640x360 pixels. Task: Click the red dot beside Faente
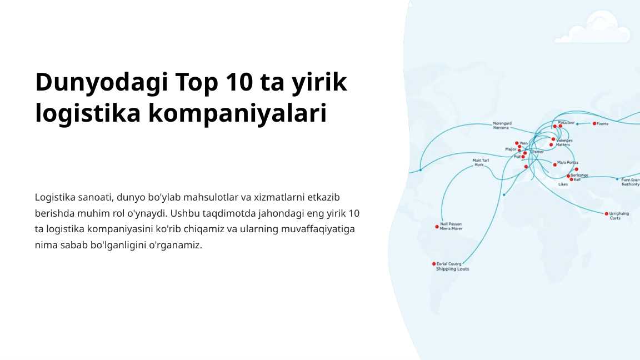[x=594, y=123]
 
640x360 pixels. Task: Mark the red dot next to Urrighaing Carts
[x=606, y=214]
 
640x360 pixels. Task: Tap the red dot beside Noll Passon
[x=437, y=227]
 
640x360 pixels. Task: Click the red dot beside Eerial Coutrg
[x=434, y=264]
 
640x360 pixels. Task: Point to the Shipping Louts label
[x=452, y=269]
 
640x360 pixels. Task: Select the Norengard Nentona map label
[x=502, y=126]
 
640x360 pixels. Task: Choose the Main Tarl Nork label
[x=481, y=163]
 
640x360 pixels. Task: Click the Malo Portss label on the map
[x=567, y=163]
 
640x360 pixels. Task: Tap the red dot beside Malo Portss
[x=554, y=164]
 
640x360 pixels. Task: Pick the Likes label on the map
[x=563, y=184]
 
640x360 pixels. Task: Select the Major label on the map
[x=511, y=149]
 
